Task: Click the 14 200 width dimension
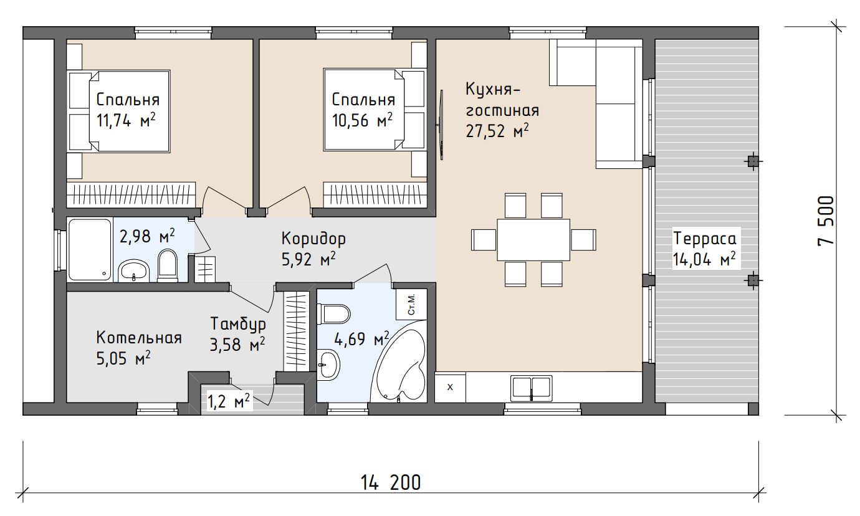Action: point(391,482)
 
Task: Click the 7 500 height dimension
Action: point(826,221)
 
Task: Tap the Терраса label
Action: point(704,239)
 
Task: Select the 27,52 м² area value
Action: point(497,131)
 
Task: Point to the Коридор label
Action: point(313,239)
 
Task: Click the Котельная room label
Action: point(139,338)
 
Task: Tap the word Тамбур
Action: point(238,325)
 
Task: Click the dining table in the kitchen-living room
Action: point(533,240)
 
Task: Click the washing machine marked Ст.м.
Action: point(411,304)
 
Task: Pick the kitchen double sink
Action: point(532,388)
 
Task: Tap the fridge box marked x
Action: point(450,387)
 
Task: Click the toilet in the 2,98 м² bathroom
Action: point(168,265)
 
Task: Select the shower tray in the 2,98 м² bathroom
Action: point(90,249)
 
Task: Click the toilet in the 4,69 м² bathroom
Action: point(333,314)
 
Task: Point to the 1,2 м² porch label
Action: point(229,401)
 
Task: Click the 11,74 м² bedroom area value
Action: point(126,121)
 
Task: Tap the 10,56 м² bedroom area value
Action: point(362,120)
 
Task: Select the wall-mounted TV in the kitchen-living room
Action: point(441,125)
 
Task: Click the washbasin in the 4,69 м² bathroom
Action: point(328,365)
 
